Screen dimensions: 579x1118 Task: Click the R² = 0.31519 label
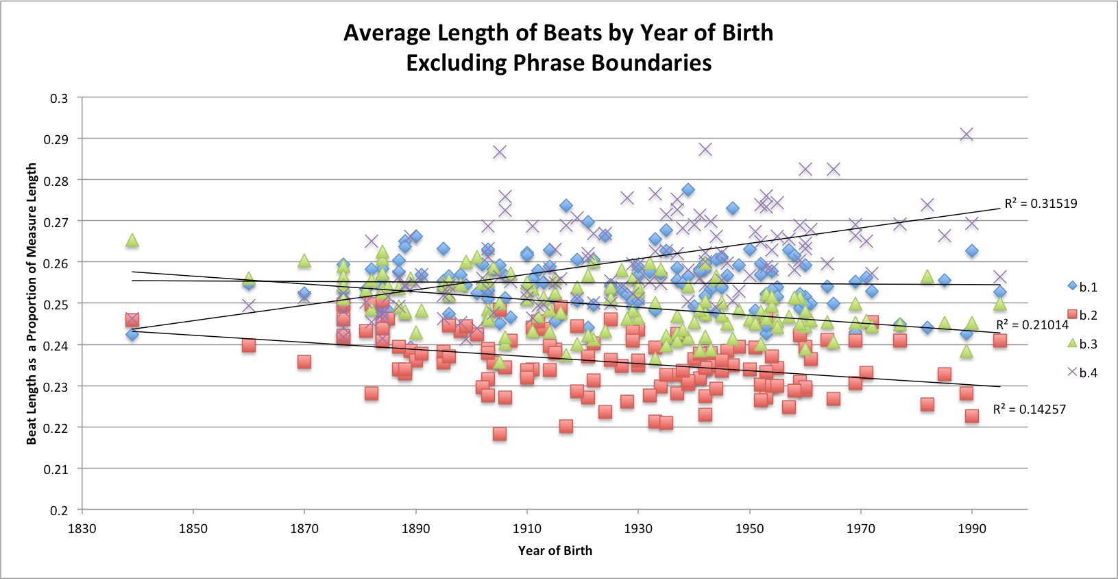coord(1041,204)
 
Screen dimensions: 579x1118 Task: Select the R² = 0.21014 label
coord(1032,325)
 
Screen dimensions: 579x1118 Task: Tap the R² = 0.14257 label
coord(1029,410)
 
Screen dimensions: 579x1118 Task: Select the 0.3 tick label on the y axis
coord(60,98)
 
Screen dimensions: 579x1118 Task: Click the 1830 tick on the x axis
coord(82,528)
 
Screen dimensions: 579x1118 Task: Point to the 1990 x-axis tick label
coord(971,528)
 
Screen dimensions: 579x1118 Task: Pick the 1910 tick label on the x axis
coord(526,528)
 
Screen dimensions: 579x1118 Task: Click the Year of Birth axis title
coord(555,550)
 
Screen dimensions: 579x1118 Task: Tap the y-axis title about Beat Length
coord(32,304)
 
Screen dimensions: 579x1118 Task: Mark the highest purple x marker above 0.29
coord(967,134)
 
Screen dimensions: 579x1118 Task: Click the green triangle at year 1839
coord(132,240)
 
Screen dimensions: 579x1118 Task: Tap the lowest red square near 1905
coord(500,434)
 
